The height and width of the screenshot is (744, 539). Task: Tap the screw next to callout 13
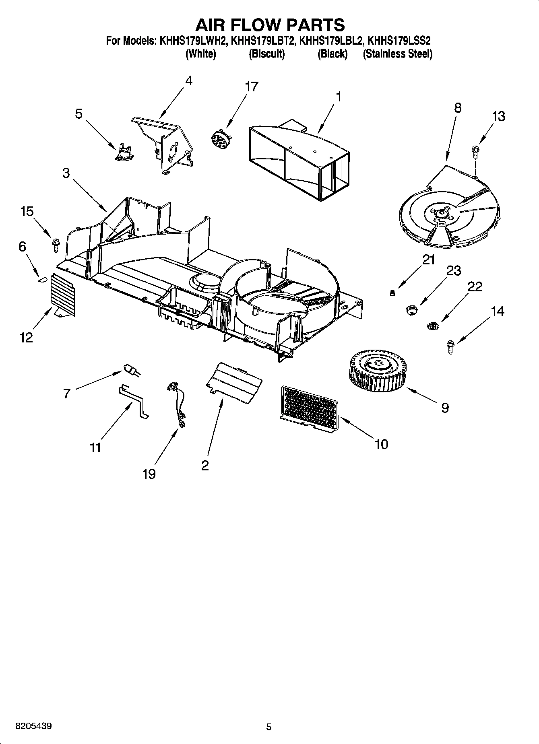pyautogui.click(x=475, y=152)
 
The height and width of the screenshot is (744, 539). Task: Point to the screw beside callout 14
pyautogui.click(x=450, y=347)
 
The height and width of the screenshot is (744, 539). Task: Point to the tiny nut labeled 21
pyautogui.click(x=392, y=292)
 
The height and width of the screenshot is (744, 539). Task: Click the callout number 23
pyautogui.click(x=453, y=270)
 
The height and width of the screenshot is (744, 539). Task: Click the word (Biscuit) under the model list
pyautogui.click(x=266, y=54)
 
